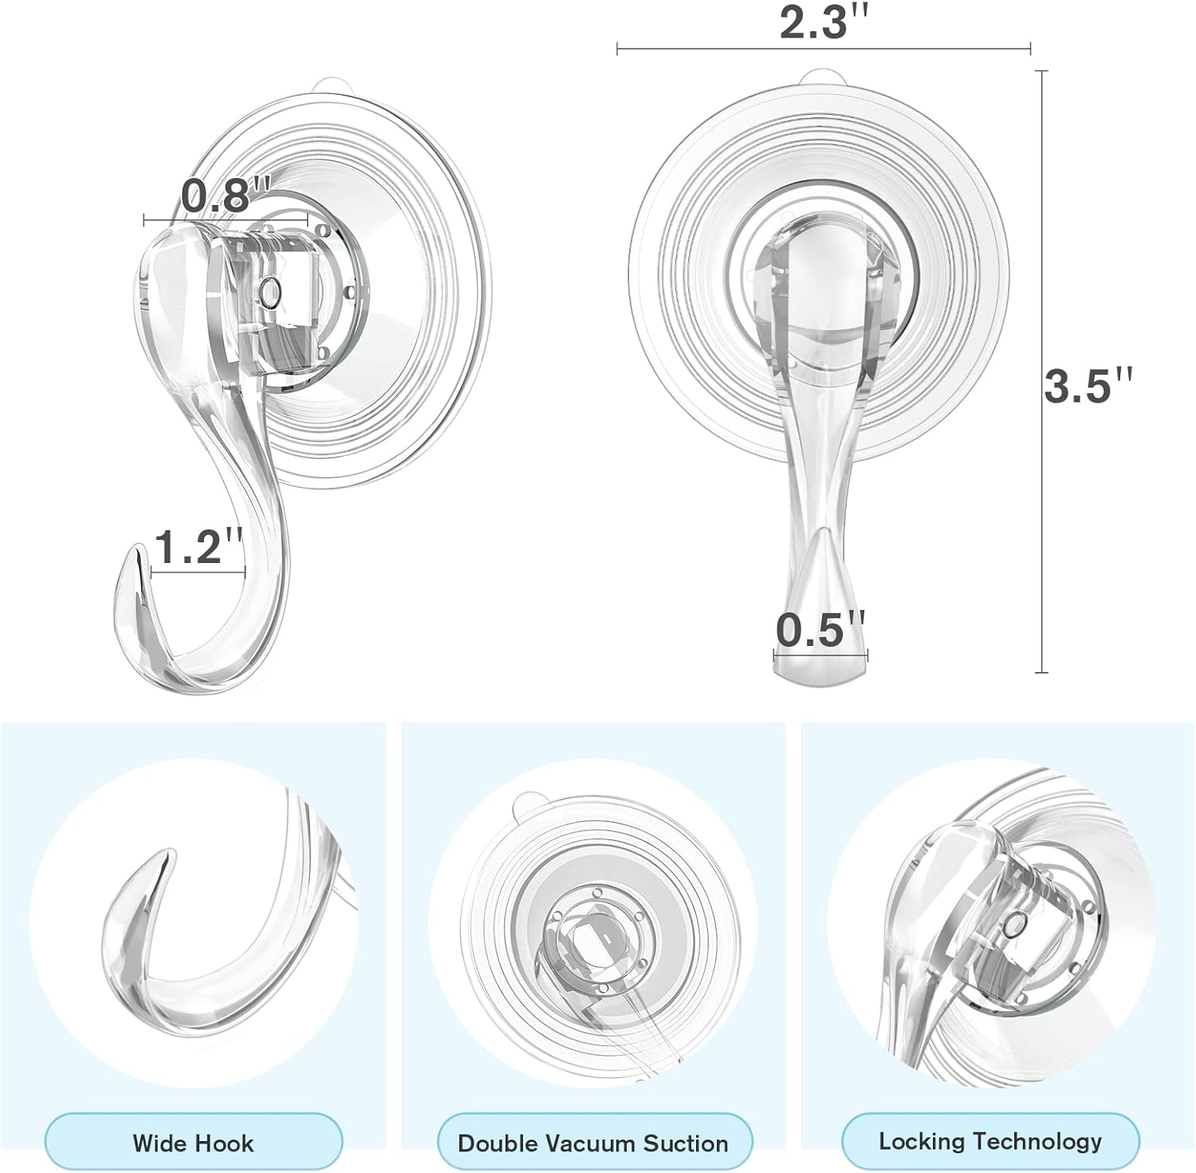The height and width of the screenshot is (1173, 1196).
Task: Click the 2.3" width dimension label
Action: coord(824,23)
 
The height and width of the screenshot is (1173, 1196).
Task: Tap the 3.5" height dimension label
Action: coord(1088,385)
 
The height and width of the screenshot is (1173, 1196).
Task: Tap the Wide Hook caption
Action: coord(193,1143)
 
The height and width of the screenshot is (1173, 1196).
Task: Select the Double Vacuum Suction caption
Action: coord(592,1143)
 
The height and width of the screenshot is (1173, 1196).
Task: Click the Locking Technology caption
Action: coord(990,1141)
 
